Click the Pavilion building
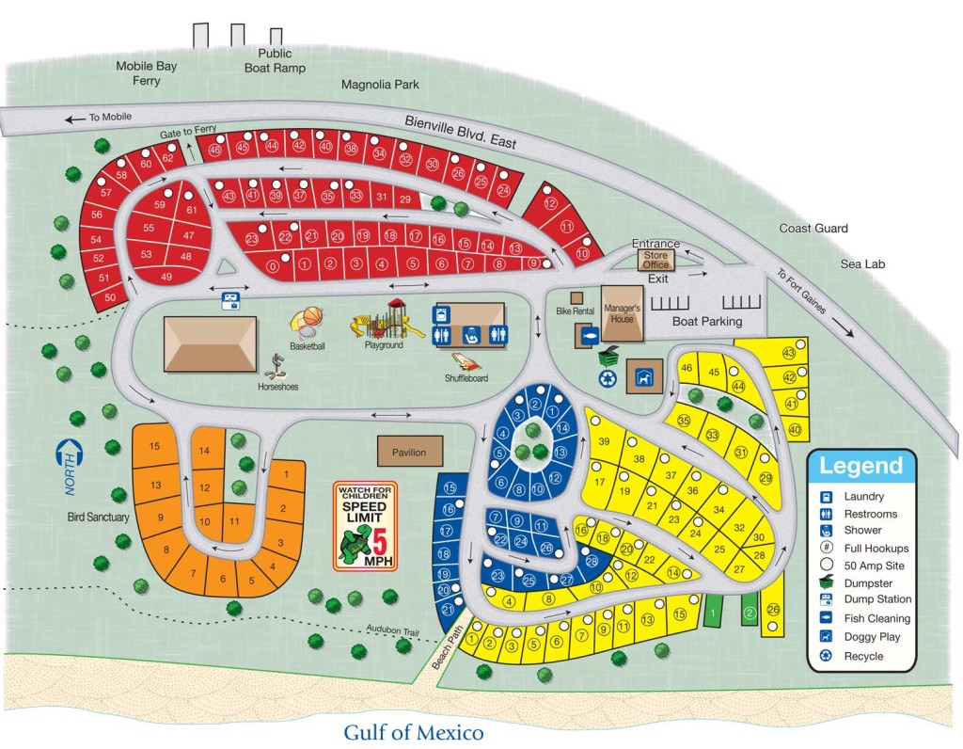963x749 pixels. tap(409, 452)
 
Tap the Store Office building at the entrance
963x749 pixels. tap(655, 259)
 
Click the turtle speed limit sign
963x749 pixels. tap(366, 525)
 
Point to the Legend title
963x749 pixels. tap(860, 465)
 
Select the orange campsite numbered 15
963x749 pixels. tap(155, 445)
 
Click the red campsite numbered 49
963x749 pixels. tap(166, 277)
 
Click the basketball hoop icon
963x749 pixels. tap(308, 324)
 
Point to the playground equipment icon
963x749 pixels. tap(384, 319)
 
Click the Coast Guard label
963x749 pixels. tap(813, 228)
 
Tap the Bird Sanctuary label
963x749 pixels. tap(97, 517)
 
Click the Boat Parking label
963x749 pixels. tap(707, 322)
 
